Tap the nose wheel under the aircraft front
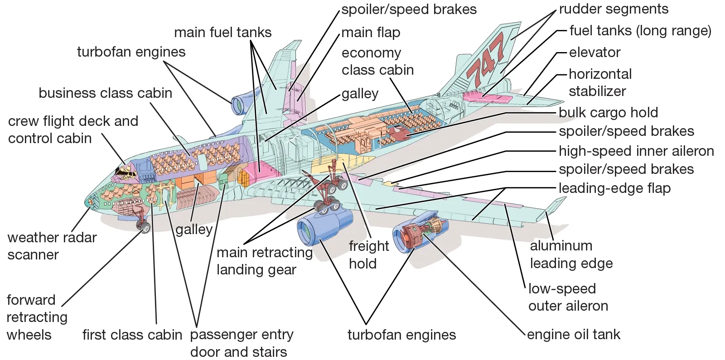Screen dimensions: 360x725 (144, 227)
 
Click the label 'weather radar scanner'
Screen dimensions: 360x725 (52, 246)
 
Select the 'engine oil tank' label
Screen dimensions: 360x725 (573, 335)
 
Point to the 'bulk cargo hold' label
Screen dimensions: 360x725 (608, 113)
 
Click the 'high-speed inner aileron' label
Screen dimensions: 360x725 (636, 151)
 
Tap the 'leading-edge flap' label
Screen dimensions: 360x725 (614, 188)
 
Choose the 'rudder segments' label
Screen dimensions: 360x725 (613, 9)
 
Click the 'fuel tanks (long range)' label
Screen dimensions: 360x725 (640, 31)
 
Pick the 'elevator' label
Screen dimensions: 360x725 (594, 53)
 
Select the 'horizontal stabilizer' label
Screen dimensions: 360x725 (599, 82)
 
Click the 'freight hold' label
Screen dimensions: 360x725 (368, 254)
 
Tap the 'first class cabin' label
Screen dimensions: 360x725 (132, 335)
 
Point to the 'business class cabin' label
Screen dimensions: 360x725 (105, 93)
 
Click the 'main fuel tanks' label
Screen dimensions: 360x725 (222, 33)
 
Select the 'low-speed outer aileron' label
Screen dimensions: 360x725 (568, 297)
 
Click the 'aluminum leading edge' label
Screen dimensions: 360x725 (571, 254)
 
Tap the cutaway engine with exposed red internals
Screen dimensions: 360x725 (420, 234)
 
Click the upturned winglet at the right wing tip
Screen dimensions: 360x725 (554, 206)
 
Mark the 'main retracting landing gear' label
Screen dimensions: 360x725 (264, 261)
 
